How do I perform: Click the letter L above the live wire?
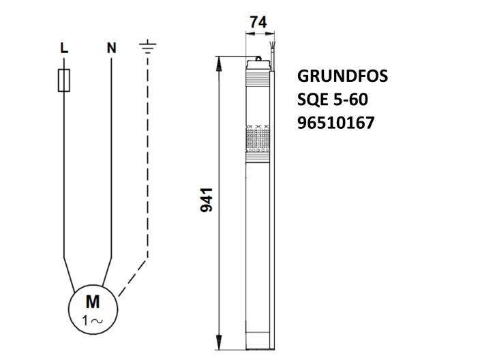(63, 48)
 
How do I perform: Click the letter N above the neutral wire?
(111, 48)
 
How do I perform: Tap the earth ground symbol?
(147, 47)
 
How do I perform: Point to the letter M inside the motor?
(91, 301)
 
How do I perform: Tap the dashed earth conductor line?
(147, 170)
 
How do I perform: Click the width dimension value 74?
(258, 22)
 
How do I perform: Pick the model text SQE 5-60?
(333, 100)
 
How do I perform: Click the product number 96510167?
(336, 123)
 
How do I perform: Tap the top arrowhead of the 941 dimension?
(220, 61)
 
